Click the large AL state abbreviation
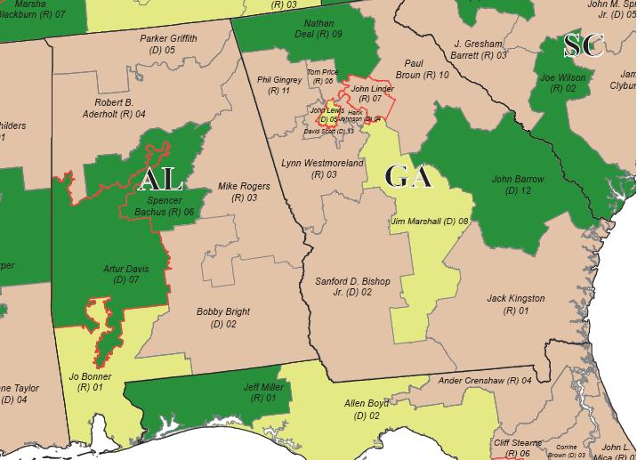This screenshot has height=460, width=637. pos(161,181)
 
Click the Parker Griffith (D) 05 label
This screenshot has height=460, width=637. pos(168,44)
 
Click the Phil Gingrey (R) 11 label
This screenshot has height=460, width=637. pos(279,85)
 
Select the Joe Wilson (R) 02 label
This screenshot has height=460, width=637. pos(564,83)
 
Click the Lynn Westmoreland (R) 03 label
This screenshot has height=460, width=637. pos(323,169)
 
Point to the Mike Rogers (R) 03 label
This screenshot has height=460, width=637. pos(244,191)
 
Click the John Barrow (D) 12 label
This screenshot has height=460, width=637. pos(517,184)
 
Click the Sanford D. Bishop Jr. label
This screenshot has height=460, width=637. pos(353,286)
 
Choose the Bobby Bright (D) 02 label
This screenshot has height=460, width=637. pos(223,318)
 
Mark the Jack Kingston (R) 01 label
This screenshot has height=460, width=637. pos(515,303)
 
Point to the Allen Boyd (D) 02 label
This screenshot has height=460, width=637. pos(367,409)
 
